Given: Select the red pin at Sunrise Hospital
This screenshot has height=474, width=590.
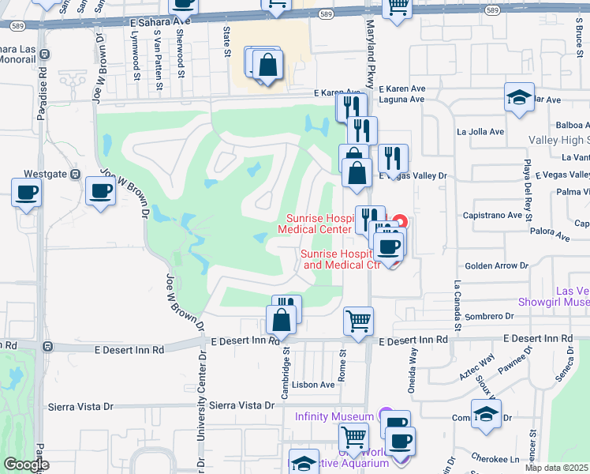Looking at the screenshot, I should tap(400, 223).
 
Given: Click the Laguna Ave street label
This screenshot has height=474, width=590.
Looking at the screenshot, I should tap(401, 100).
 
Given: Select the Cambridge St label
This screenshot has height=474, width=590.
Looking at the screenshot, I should tap(287, 360).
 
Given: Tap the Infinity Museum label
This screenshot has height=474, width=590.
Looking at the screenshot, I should tap(334, 416).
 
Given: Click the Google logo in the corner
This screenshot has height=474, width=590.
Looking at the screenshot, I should tap(26, 465).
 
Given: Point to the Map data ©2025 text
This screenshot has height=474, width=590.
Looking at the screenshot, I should tap(557, 468).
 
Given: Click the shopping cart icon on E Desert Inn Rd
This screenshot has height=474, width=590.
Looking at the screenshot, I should tap(358, 322).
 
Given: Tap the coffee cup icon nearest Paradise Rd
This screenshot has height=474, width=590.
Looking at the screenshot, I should tap(26, 193).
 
